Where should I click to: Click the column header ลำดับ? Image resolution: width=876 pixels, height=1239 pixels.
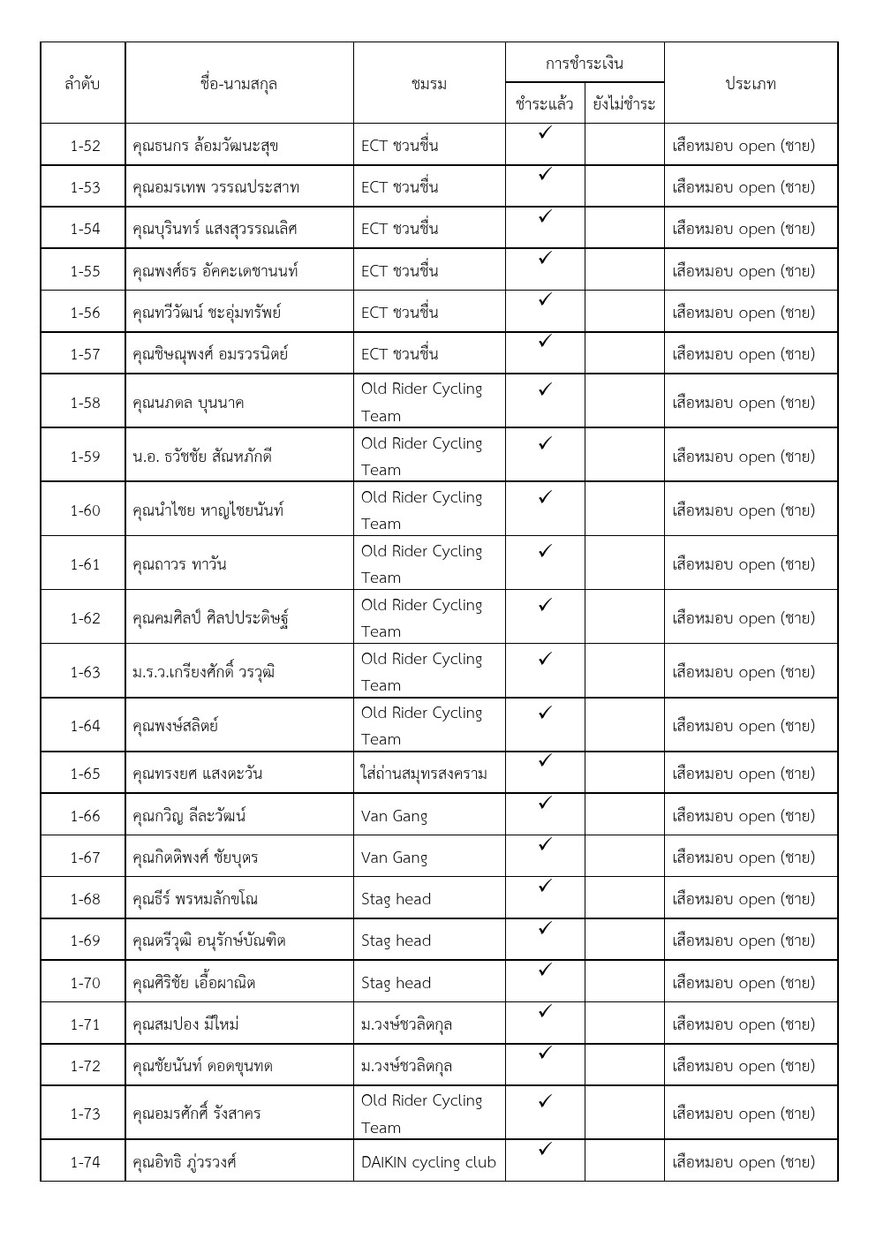(x=82, y=84)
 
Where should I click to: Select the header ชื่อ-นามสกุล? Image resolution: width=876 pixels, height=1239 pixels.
(x=238, y=84)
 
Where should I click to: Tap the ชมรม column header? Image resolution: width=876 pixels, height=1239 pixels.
(x=429, y=84)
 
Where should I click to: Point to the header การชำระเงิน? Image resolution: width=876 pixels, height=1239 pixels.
(x=584, y=64)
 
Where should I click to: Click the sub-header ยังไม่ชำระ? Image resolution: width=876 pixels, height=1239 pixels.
(x=623, y=104)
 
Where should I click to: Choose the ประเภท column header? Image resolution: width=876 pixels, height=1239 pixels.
(x=750, y=84)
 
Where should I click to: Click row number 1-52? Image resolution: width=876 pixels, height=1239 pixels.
(x=85, y=146)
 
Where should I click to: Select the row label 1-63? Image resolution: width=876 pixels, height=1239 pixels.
(x=85, y=672)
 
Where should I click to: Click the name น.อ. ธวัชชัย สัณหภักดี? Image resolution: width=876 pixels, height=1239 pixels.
(x=201, y=457)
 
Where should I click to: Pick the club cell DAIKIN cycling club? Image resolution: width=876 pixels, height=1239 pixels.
(x=428, y=1162)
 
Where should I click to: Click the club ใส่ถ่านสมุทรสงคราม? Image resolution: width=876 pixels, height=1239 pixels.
(x=424, y=774)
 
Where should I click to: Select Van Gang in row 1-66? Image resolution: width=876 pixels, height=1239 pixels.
(x=394, y=816)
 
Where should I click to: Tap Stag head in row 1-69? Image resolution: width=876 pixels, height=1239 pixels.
(x=396, y=941)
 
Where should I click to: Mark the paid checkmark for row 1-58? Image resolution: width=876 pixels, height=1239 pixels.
(x=545, y=389)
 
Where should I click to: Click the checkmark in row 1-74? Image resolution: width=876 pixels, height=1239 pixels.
(x=545, y=1149)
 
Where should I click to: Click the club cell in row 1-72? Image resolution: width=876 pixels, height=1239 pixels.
(x=406, y=1066)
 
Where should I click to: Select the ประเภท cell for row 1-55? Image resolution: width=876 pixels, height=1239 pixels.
(x=743, y=271)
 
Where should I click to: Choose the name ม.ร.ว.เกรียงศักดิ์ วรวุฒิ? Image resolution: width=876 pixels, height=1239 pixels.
(x=203, y=672)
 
